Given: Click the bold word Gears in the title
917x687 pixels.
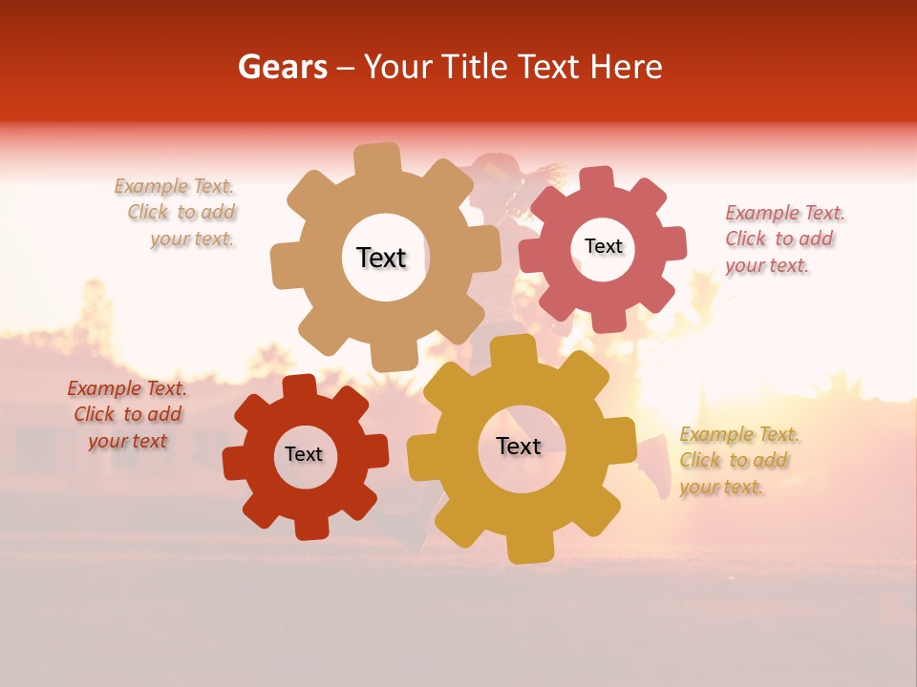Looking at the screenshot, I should point(282,67).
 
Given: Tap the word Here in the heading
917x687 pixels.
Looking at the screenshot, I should point(627,67).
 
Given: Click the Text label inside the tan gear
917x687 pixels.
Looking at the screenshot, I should point(381,258).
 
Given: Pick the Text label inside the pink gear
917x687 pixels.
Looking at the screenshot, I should point(603,246).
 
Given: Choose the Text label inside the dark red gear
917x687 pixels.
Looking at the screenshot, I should point(304,454).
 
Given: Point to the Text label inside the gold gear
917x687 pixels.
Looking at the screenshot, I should point(519,446).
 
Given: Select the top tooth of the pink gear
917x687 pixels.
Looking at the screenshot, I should point(597,179).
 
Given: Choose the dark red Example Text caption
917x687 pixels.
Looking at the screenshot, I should point(127,414).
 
